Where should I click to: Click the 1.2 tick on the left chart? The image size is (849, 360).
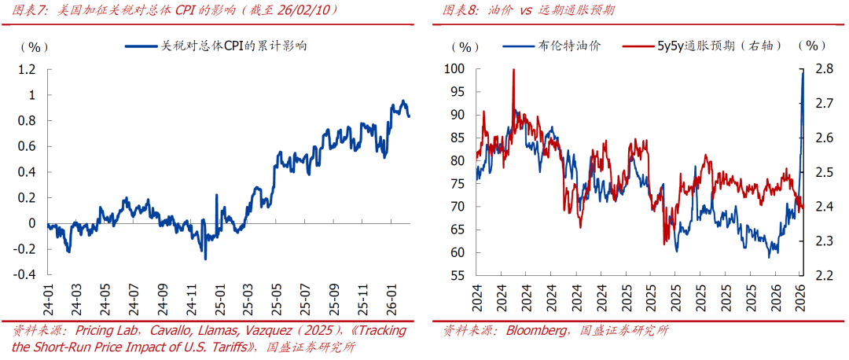27,70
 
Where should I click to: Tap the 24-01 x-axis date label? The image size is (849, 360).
49,297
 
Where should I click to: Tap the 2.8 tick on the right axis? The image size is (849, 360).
824,69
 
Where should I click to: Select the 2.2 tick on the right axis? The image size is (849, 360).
824,275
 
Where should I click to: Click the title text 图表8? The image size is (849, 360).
459,10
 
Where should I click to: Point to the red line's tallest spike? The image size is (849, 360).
513,70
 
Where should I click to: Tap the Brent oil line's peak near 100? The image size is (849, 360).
803,72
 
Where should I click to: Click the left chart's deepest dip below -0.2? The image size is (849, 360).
205,259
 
